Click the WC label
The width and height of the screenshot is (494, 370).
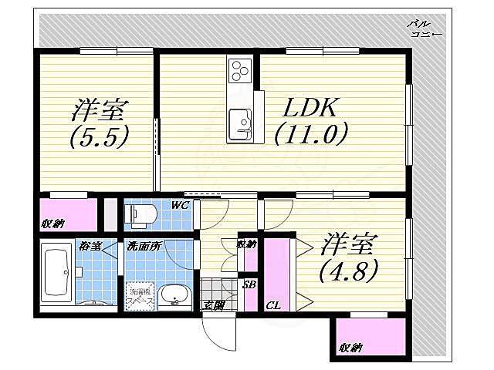(x=181, y=205)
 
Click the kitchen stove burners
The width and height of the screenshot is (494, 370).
(x=240, y=70)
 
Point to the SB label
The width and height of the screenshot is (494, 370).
(x=249, y=284)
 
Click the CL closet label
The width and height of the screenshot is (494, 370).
(x=272, y=306)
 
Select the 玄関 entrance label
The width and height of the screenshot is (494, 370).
(x=213, y=306)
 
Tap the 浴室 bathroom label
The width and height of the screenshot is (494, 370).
(x=90, y=247)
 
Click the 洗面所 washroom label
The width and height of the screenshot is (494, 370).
(x=143, y=247)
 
